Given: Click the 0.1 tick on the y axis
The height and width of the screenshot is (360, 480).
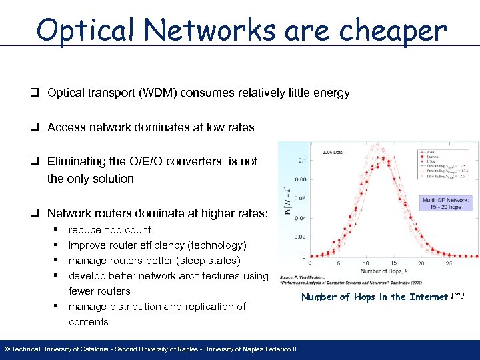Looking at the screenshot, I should point(303,160).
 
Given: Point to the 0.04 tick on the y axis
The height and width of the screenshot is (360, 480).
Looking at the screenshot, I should point(301,218).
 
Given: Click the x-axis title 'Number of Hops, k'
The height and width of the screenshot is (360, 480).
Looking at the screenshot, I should point(385,271).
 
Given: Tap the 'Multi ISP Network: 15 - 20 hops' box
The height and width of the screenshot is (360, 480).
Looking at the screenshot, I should point(445,203).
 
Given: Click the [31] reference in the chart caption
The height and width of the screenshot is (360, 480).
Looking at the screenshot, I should point(457,295).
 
